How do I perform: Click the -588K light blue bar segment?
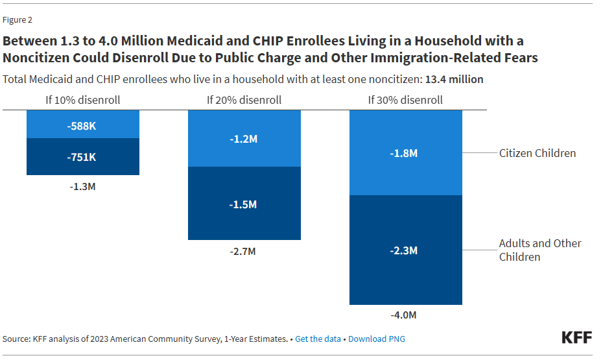pyautogui.click(x=82, y=125)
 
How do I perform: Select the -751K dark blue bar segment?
pyautogui.click(x=82, y=156)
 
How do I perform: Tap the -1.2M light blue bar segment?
pyautogui.click(x=244, y=139)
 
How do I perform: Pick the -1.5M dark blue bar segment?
pyautogui.click(x=244, y=204)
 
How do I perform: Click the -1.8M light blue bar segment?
pyautogui.click(x=405, y=153)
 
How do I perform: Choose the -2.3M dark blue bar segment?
pyautogui.click(x=405, y=250)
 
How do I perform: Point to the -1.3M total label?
pyautogui.click(x=82, y=186)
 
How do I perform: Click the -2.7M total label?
pyautogui.click(x=244, y=251)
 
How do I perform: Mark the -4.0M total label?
pyautogui.click(x=405, y=315)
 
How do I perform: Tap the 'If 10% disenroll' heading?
pyautogui.click(x=82, y=100)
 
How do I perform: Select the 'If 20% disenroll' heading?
pyautogui.click(x=244, y=100)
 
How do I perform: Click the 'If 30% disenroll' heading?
pyautogui.click(x=405, y=100)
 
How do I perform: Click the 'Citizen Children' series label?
pyautogui.click(x=537, y=153)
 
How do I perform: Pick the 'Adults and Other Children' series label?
pyautogui.click(x=539, y=250)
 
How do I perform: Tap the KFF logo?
pyautogui.click(x=576, y=337)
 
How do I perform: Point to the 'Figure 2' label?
pyautogui.click(x=18, y=19)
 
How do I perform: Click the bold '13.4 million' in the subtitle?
pyautogui.click(x=454, y=79)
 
